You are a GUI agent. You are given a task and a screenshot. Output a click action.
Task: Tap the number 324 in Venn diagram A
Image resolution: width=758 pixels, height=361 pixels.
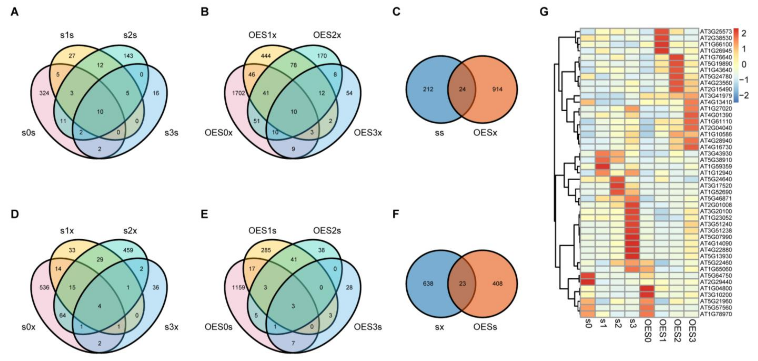(x=44, y=93)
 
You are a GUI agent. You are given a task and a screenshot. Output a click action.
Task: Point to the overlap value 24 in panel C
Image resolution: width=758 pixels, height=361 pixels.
(x=462, y=89)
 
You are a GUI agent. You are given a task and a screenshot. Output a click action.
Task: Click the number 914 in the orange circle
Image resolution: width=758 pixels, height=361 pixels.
(x=497, y=89)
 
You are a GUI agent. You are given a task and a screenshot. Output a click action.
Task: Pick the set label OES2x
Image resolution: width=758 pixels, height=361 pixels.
(x=327, y=35)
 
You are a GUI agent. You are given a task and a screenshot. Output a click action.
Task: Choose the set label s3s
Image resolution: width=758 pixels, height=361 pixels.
(x=171, y=133)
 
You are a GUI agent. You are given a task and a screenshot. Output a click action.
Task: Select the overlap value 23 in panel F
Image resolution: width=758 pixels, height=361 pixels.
(x=462, y=284)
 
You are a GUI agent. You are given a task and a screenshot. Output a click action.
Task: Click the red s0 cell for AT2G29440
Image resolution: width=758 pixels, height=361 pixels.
(x=588, y=282)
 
